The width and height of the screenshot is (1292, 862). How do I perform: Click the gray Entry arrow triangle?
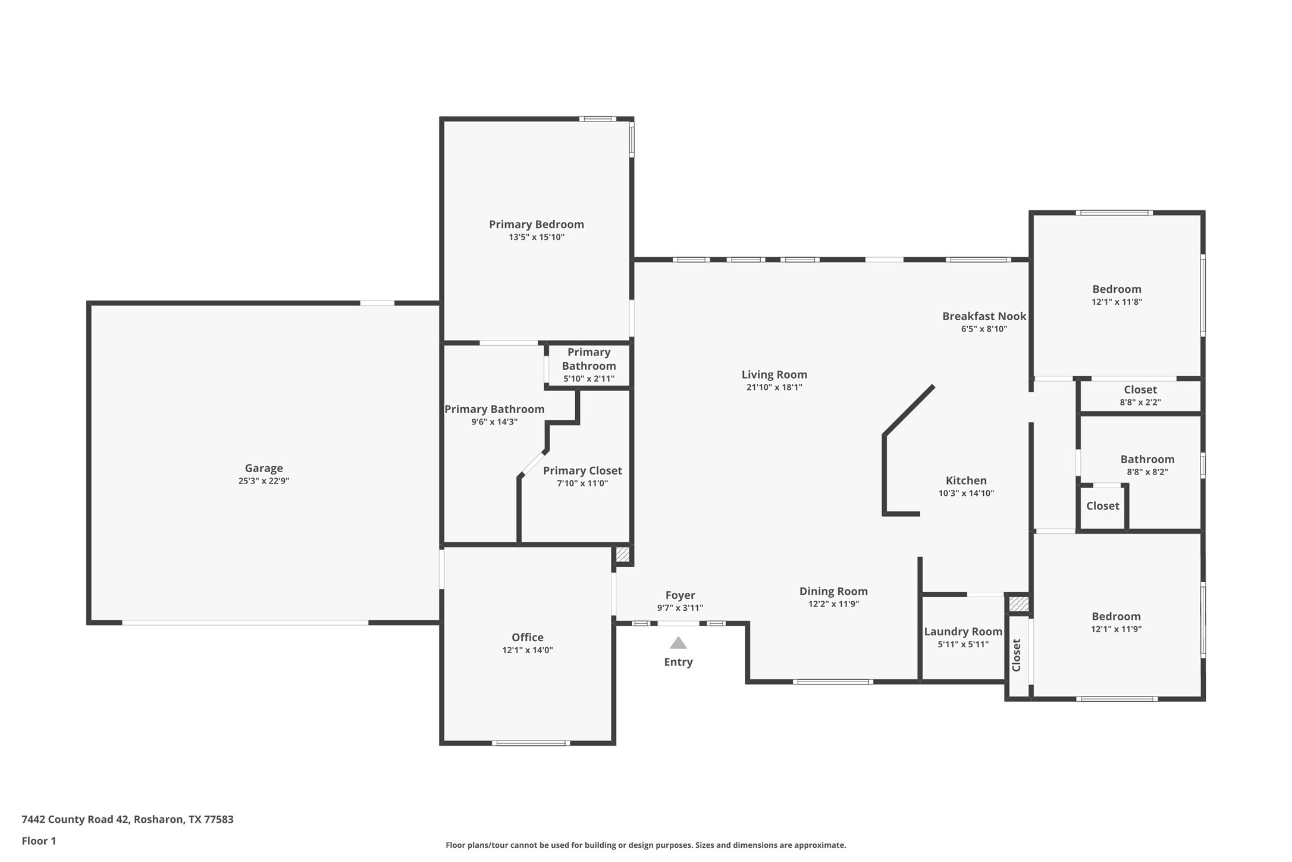678,643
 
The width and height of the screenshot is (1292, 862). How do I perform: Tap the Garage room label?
264,468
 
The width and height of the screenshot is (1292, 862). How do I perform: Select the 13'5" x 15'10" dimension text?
536,237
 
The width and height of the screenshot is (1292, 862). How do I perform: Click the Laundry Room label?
962,632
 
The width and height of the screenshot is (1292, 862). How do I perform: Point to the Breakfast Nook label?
984,316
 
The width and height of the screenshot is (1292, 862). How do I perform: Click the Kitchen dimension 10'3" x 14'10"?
966,493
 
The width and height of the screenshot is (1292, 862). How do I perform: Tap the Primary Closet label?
582,470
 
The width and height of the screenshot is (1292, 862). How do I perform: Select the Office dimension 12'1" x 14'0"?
527,650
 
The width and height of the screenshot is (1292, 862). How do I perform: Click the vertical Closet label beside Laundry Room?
1017,655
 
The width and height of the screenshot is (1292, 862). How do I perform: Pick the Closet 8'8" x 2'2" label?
1140,390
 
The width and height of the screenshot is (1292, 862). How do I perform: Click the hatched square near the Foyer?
623,554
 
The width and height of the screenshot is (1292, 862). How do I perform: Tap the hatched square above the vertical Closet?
1018,604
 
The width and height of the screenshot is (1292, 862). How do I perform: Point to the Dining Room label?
833,591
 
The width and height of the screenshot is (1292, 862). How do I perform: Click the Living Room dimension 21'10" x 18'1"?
774,387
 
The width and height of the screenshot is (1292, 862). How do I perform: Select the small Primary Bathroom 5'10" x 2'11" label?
588,365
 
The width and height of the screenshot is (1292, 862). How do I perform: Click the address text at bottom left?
127,819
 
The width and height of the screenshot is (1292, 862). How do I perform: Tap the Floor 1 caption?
39,841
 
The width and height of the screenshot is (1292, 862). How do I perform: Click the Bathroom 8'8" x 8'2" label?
1147,459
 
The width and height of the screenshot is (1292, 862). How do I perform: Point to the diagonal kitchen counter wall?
909,411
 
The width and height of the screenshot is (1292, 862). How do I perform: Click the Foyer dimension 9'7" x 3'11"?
680,608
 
